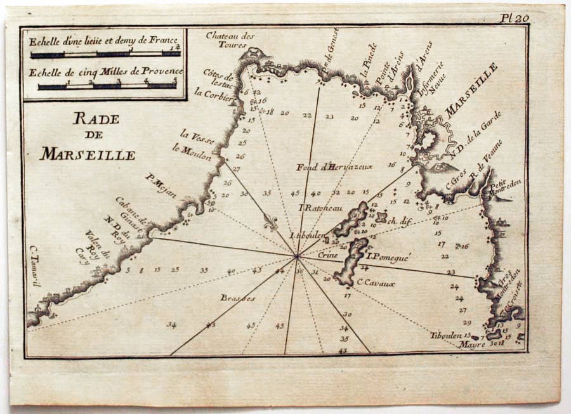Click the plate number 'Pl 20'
point(514,18)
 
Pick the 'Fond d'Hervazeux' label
point(334,167)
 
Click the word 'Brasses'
point(238,297)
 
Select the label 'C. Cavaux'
point(376,283)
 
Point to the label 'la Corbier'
point(211,93)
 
